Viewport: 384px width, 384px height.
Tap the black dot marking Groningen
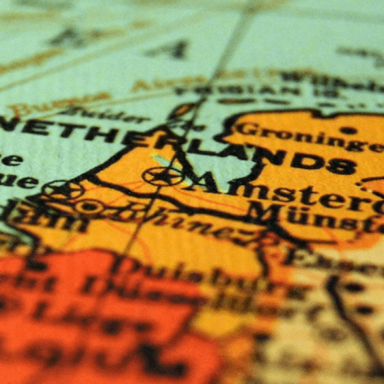coord(347,130)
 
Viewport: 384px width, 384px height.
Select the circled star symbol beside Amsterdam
coord(162,176)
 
